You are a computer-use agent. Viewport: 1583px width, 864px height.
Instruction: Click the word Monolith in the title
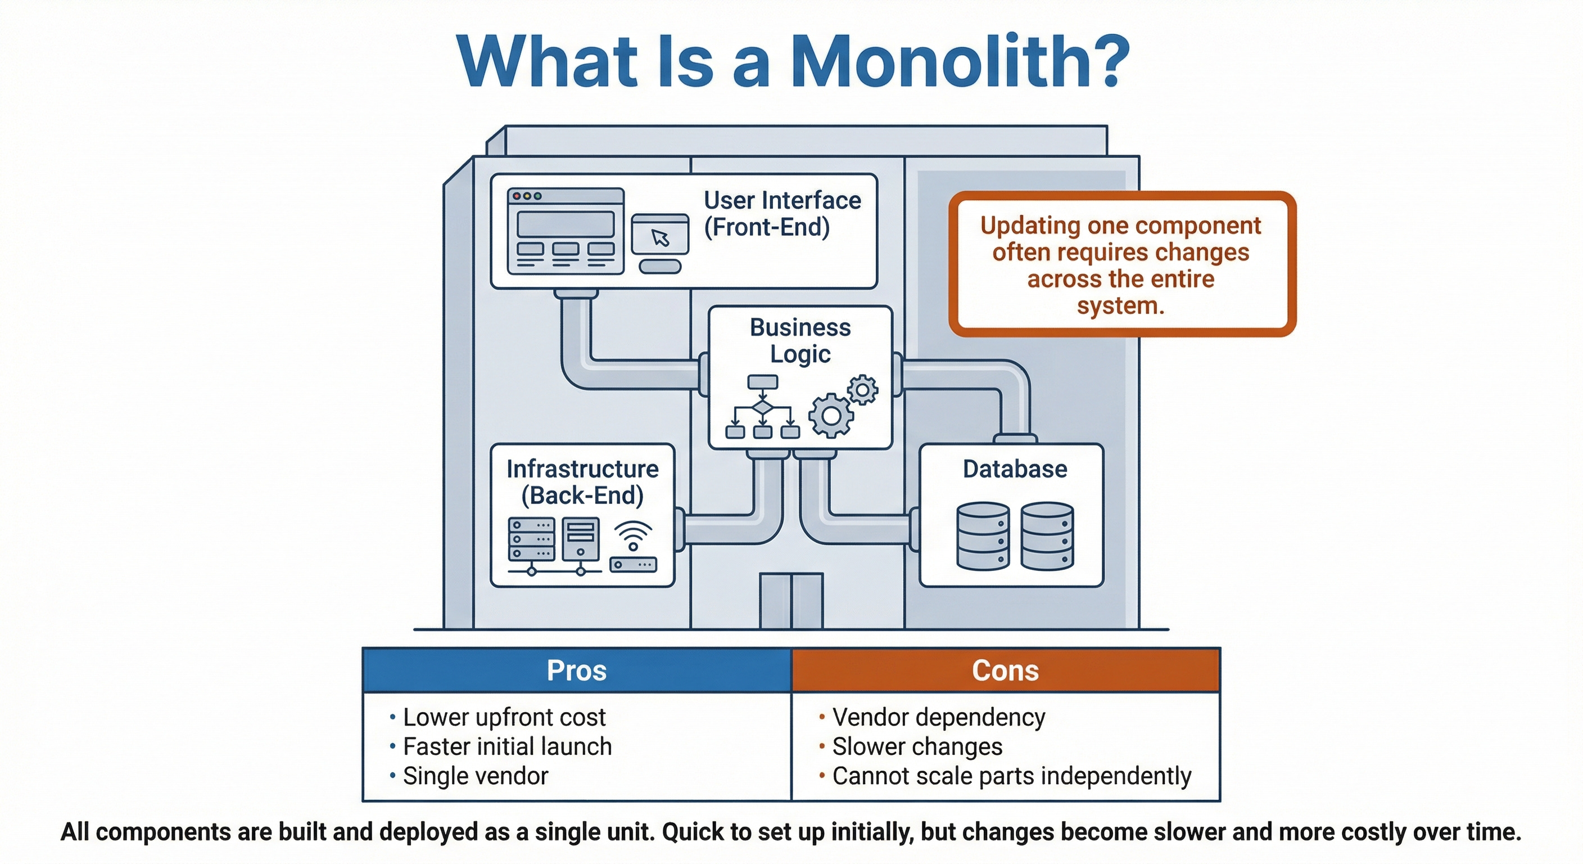(x=959, y=61)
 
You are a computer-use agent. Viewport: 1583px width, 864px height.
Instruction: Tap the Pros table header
(x=576, y=670)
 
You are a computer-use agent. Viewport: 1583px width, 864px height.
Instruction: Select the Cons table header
(x=1005, y=670)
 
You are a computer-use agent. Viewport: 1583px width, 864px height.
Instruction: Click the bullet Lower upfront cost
(x=504, y=717)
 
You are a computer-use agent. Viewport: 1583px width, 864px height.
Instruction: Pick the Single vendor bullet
(x=475, y=776)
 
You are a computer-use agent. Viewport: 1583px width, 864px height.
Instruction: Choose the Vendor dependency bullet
(x=938, y=717)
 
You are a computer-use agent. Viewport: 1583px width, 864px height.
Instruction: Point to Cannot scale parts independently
(x=1011, y=776)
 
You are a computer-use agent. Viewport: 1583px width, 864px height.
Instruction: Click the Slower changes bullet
(x=917, y=746)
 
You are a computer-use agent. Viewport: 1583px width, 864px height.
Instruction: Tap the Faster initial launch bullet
(x=507, y=746)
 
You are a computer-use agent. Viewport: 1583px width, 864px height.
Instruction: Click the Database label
(x=1015, y=469)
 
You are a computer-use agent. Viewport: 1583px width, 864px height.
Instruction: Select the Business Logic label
(x=800, y=341)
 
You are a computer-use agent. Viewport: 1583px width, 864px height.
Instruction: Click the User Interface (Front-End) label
(x=783, y=213)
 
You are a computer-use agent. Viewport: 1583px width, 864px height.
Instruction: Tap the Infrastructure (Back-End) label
(x=582, y=482)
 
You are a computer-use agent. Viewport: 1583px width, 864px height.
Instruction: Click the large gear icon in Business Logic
(x=831, y=416)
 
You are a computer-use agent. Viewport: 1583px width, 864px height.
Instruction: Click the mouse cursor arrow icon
(x=661, y=237)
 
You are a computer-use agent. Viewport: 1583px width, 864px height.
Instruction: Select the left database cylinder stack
(x=983, y=535)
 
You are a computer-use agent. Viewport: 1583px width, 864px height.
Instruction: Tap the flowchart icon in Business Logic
(x=763, y=407)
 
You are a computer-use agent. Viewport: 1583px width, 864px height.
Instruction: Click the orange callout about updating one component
(x=1121, y=264)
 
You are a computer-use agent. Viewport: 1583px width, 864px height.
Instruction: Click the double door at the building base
(x=791, y=601)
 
